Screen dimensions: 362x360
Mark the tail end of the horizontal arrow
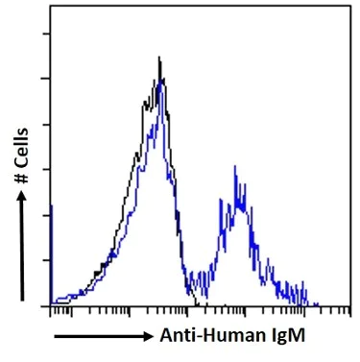coord(56,337)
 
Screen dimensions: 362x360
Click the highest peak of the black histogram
coord(159,58)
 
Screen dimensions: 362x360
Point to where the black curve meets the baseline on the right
coord(196,304)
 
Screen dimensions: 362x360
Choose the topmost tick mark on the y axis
coord(46,32)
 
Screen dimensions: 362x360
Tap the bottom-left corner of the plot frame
coord(49,305)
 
